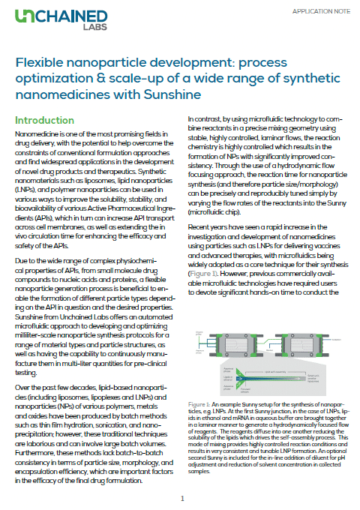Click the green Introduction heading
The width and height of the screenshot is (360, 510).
[x=45, y=120]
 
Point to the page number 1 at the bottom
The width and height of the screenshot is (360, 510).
[x=181, y=497]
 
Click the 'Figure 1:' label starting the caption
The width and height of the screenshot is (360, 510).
[x=198, y=404]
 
